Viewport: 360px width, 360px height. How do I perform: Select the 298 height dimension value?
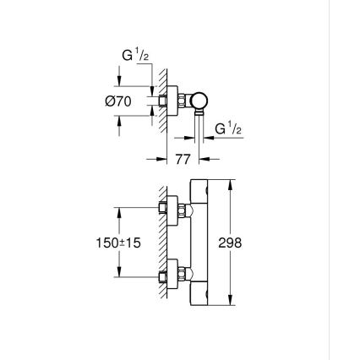point(231,242)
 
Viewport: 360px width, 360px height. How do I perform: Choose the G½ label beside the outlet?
point(226,128)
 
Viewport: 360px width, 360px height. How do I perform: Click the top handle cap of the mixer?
point(198,190)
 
